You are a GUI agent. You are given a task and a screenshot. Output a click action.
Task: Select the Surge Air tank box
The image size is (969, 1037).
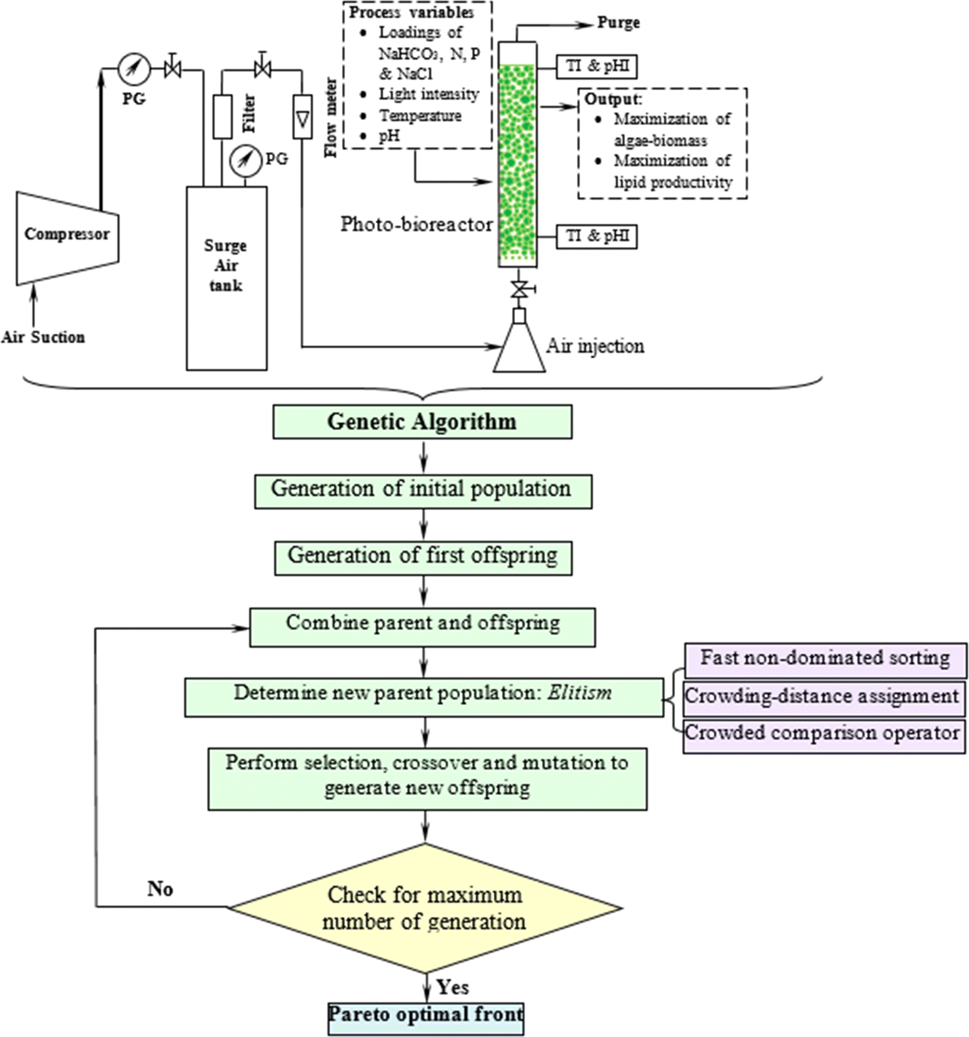point(226,278)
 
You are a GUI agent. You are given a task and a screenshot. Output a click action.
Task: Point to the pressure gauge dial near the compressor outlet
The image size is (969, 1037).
point(134,69)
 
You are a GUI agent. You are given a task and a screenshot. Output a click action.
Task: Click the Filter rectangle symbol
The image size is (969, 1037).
point(223,116)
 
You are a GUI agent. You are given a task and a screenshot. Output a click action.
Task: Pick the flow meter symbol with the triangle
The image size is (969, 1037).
point(302,116)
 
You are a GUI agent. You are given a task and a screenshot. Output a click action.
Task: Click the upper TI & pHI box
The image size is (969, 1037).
point(597,67)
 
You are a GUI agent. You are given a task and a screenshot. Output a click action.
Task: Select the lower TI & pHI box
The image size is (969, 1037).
point(597,237)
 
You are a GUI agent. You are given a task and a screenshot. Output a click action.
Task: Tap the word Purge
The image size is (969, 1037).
point(618,23)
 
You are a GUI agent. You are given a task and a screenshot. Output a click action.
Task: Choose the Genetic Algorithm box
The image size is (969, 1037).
point(422,422)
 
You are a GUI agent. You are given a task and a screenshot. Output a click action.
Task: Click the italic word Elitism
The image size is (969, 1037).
point(580,693)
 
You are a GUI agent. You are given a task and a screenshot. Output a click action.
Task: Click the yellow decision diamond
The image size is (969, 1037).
point(424,908)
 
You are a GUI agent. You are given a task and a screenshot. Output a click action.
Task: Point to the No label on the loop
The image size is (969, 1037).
point(160,889)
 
